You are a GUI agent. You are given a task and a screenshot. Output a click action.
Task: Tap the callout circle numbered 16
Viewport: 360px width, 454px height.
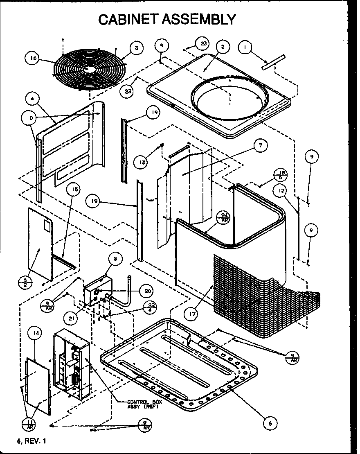pos(33,58)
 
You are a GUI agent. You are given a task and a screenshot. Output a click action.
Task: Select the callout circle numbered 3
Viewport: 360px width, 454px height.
pos(136,48)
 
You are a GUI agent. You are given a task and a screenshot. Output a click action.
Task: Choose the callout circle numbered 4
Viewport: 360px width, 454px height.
pos(32,98)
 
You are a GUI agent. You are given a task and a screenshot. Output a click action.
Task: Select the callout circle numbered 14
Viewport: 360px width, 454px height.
pos(35,334)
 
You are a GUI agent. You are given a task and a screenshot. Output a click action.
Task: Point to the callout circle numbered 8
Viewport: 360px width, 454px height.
pos(115,258)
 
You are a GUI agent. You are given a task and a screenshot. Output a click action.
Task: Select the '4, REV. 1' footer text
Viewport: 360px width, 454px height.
pos(32,442)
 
